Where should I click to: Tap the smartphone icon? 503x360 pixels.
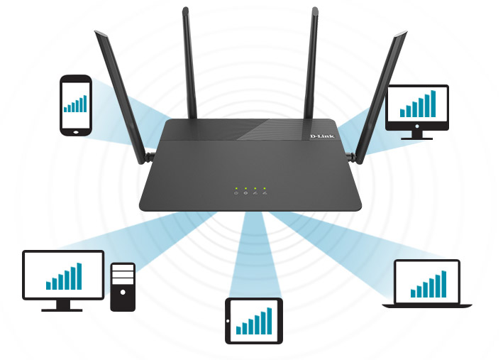tap(75, 105)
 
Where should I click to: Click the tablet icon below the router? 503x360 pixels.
tap(254, 321)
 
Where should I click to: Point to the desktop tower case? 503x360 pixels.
tap(123, 287)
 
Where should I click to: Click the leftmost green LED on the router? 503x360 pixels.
tap(236, 188)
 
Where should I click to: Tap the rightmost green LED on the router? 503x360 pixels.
tap(264, 188)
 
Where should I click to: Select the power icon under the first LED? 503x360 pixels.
tap(236, 193)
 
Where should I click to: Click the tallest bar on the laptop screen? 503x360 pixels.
tap(443, 283)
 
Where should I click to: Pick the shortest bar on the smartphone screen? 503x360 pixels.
tap(65, 110)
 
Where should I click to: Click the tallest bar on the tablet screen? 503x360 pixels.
tap(269, 320)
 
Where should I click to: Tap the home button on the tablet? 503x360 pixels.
tap(230, 322)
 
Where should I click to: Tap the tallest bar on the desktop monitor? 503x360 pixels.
tap(79, 276)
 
